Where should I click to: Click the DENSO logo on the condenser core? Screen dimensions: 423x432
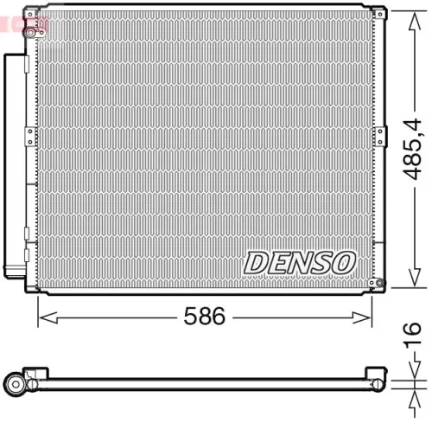[x=300, y=261]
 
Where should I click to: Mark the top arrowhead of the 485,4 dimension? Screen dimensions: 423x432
[x=399, y=12]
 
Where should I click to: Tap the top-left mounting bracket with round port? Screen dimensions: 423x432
[x=34, y=31]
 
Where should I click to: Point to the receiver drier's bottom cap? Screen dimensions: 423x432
[x=14, y=271]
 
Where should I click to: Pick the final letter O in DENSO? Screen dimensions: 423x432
[x=342, y=261]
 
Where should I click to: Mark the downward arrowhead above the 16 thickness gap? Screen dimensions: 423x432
[x=406, y=375]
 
